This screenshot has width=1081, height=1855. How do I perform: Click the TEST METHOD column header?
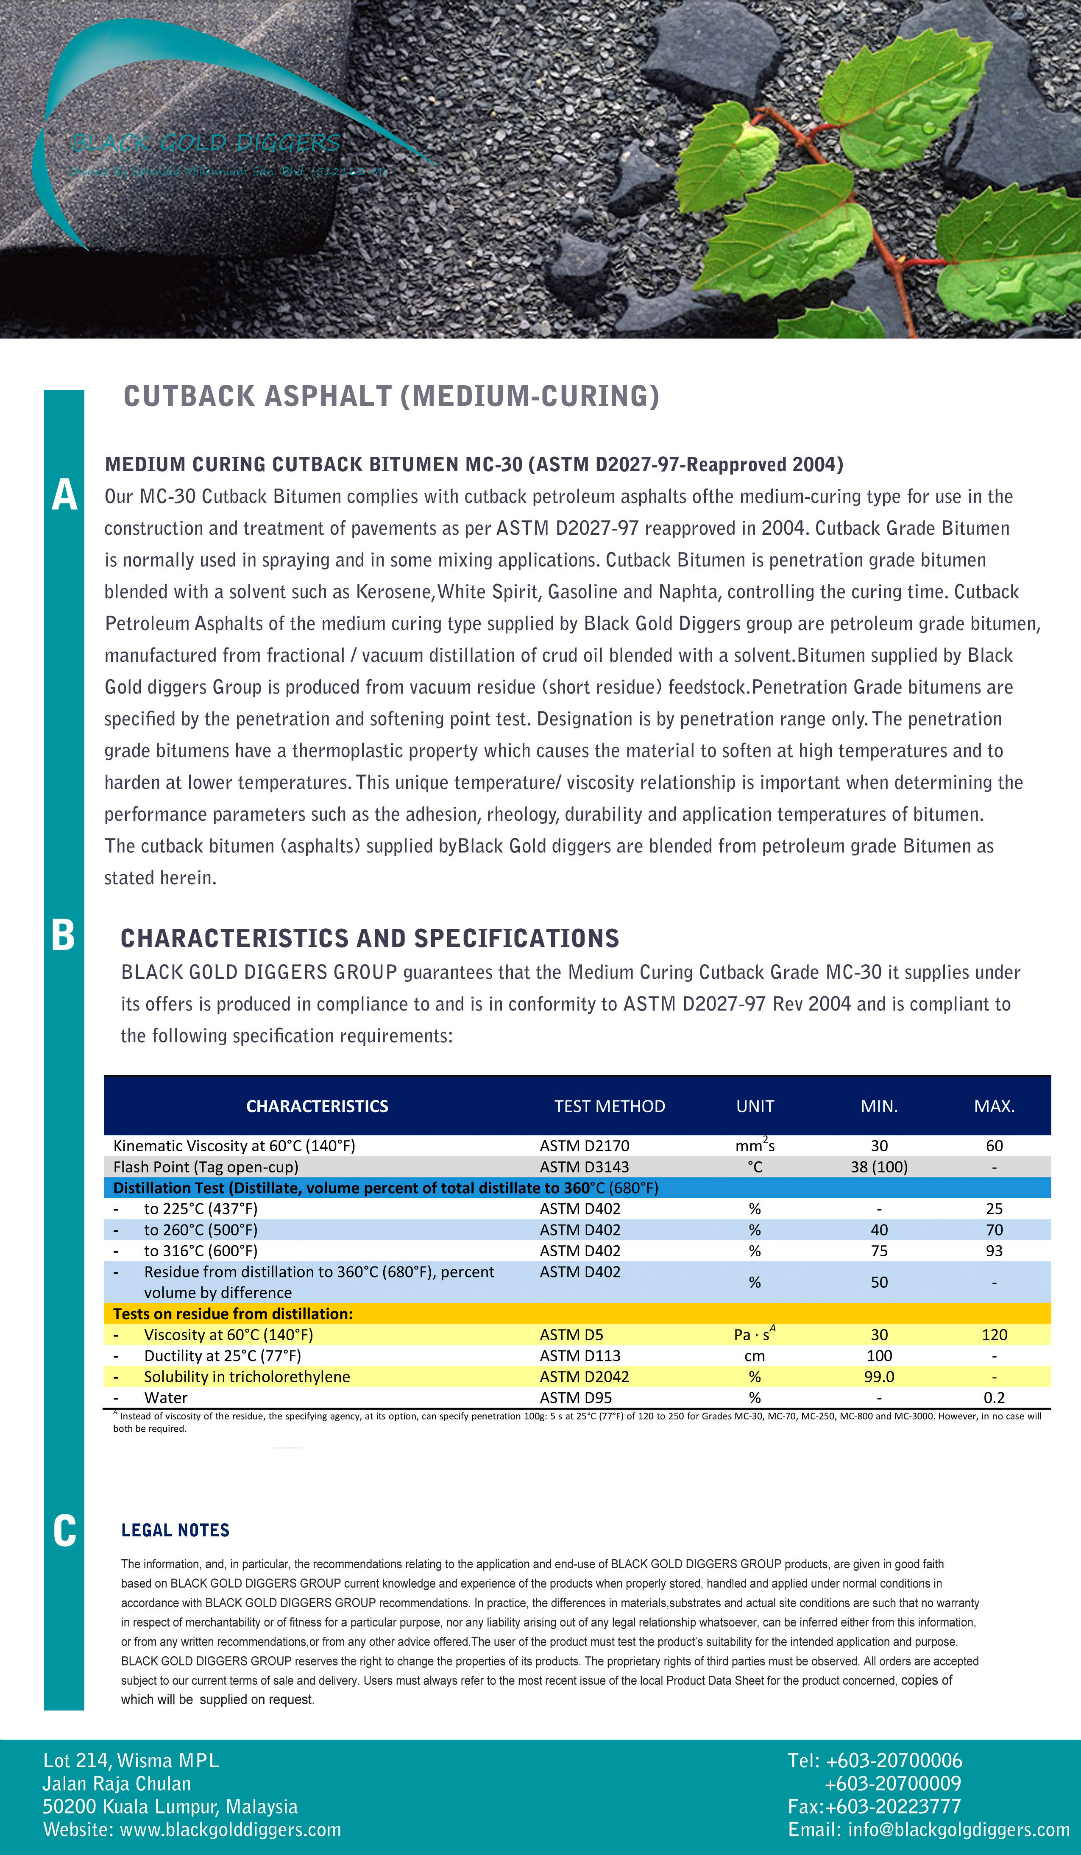coord(609,1106)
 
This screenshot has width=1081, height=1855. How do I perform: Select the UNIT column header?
coord(755,1106)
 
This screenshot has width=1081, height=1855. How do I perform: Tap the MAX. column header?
coord(994,1106)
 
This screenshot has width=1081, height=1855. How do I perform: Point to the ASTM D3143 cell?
coord(584,1167)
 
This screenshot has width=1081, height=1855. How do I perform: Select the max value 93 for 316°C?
coord(994,1251)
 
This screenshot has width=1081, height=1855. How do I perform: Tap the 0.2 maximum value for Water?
coord(994,1397)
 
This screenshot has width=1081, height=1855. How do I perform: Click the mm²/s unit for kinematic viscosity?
coord(755,1145)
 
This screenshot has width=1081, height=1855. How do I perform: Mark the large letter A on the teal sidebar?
coord(64,494)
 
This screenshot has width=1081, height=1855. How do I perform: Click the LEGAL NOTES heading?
coord(175,1530)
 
